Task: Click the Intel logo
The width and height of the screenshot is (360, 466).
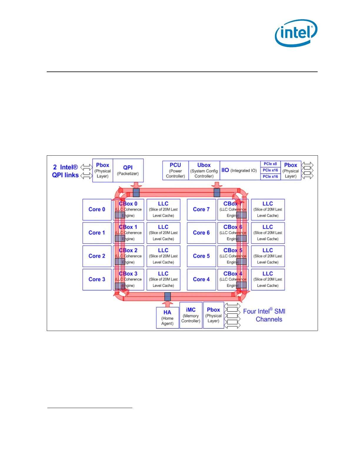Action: click(296, 33)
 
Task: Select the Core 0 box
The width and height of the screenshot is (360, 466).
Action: click(97, 209)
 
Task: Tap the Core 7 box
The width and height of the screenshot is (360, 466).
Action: click(201, 209)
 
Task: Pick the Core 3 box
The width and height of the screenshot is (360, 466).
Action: click(97, 279)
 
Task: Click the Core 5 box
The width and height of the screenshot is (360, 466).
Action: click(201, 256)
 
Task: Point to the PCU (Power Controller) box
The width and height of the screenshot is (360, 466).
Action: click(175, 170)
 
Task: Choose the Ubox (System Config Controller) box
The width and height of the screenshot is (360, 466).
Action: click(204, 170)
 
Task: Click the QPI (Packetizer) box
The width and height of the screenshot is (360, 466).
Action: click(128, 170)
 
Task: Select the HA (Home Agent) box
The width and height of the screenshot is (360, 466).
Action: click(167, 317)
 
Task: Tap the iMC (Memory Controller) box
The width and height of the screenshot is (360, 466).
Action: click(191, 315)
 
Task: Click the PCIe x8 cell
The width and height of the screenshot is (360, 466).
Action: click(270, 164)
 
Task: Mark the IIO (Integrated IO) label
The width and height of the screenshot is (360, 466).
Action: click(239, 170)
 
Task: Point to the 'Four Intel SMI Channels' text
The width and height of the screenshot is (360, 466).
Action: click(264, 315)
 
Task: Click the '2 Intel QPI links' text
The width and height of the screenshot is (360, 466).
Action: click(65, 171)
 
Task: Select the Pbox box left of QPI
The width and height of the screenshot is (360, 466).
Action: click(102, 170)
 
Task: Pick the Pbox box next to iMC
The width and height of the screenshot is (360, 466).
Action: click(213, 315)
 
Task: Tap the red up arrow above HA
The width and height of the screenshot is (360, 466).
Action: click(167, 304)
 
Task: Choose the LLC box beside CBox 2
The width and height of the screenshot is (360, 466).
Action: click(163, 256)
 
